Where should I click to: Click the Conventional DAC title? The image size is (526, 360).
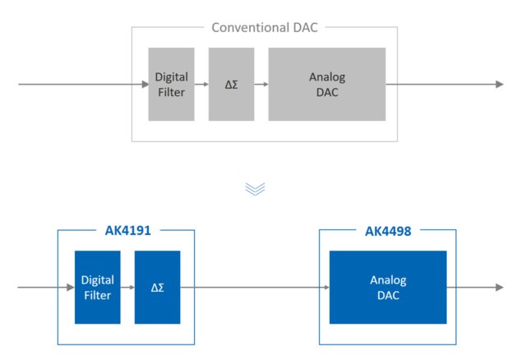pyautogui.click(x=264, y=27)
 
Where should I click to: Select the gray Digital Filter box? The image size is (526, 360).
pyautogui.click(x=171, y=84)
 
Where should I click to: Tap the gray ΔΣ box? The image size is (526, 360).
pyautogui.click(x=231, y=84)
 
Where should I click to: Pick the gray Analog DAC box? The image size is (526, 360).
pyautogui.click(x=326, y=84)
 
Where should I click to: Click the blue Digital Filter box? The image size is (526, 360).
pyautogui.click(x=97, y=287)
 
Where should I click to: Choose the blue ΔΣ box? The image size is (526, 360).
pyautogui.click(x=157, y=287)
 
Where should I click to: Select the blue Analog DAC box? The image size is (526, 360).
pyautogui.click(x=387, y=287)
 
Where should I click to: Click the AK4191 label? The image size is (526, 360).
pyautogui.click(x=127, y=231)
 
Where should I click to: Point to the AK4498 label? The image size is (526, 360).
pyautogui.click(x=388, y=231)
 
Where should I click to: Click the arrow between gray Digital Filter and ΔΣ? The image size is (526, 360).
pyautogui.click(x=201, y=84)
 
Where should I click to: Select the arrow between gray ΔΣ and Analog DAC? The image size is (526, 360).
pyautogui.click(x=261, y=84)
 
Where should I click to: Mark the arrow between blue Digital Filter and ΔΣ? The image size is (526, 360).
pyautogui.click(x=127, y=287)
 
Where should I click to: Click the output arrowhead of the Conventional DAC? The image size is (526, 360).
pyautogui.click(x=499, y=84)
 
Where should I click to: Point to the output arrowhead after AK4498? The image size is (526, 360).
pyautogui.click(x=499, y=287)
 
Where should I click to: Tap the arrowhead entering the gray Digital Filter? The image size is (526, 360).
pyautogui.click(x=145, y=84)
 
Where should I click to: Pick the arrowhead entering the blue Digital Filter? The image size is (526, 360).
pyautogui.click(x=71, y=287)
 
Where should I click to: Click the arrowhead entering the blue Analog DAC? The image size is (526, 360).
pyautogui.click(x=325, y=287)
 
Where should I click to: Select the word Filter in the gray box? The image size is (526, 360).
pyautogui.click(x=171, y=92)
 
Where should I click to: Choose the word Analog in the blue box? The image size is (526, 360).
pyautogui.click(x=387, y=280)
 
